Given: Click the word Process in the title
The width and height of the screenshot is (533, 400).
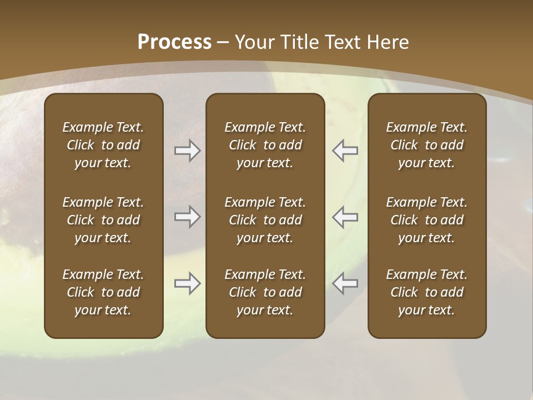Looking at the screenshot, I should pyautogui.click(x=174, y=42).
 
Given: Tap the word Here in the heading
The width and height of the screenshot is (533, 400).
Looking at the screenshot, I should pyautogui.click(x=389, y=42).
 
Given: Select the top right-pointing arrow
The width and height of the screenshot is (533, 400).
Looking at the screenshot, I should pyautogui.click(x=188, y=151).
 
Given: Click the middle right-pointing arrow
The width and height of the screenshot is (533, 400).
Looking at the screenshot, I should pyautogui.click(x=188, y=216).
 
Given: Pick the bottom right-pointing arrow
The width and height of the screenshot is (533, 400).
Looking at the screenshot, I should pyautogui.click(x=188, y=283).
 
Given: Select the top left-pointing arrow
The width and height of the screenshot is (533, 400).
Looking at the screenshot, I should pyautogui.click(x=345, y=151).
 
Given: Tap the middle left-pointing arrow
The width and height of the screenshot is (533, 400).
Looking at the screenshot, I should pyautogui.click(x=345, y=216).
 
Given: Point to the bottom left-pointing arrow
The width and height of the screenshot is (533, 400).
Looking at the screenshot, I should pyautogui.click(x=345, y=283).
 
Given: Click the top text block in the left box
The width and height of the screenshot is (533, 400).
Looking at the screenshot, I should pyautogui.click(x=103, y=145).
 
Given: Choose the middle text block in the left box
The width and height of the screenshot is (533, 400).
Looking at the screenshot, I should pyautogui.click(x=103, y=220).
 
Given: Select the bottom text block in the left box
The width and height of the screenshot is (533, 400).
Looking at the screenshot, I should pyautogui.click(x=103, y=292).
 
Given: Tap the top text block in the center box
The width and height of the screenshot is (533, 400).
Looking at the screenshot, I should pyautogui.click(x=265, y=145).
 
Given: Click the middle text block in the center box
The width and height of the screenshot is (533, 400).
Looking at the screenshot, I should pyautogui.click(x=265, y=220).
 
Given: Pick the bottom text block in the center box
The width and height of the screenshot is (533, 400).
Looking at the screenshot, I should pyautogui.click(x=265, y=292).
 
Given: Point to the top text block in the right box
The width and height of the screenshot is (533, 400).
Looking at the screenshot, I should pyautogui.click(x=427, y=145).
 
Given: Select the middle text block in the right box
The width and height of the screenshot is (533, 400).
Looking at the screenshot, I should pyautogui.click(x=427, y=220).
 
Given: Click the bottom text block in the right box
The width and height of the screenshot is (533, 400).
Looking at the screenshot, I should pyautogui.click(x=427, y=292).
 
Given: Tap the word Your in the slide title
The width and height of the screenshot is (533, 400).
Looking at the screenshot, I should pyautogui.click(x=254, y=42).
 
